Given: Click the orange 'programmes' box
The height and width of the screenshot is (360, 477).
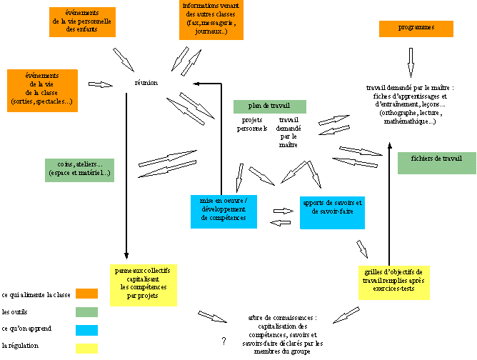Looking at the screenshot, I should click(x=416, y=29).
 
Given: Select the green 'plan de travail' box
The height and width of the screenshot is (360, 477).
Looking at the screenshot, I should click(x=270, y=106).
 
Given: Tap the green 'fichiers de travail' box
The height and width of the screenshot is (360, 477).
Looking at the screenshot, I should click(x=437, y=163).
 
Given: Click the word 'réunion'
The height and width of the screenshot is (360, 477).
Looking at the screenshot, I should click(x=146, y=83).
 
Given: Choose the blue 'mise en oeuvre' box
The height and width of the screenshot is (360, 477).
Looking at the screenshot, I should click(x=224, y=211).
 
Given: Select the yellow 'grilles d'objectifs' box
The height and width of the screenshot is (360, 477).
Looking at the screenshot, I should click(x=392, y=282).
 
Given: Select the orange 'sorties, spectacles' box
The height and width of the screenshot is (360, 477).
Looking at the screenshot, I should click(x=41, y=89).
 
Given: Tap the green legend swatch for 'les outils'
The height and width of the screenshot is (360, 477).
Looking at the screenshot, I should click(x=86, y=312).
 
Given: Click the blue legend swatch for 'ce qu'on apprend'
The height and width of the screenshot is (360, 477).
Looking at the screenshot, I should click(x=86, y=330).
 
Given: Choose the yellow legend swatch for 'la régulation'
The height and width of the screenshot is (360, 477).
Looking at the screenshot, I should click(x=86, y=348).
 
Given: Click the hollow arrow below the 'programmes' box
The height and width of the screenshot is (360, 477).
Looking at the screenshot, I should click(x=411, y=57).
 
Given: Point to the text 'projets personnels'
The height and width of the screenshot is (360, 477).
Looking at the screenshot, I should click(x=253, y=124).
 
